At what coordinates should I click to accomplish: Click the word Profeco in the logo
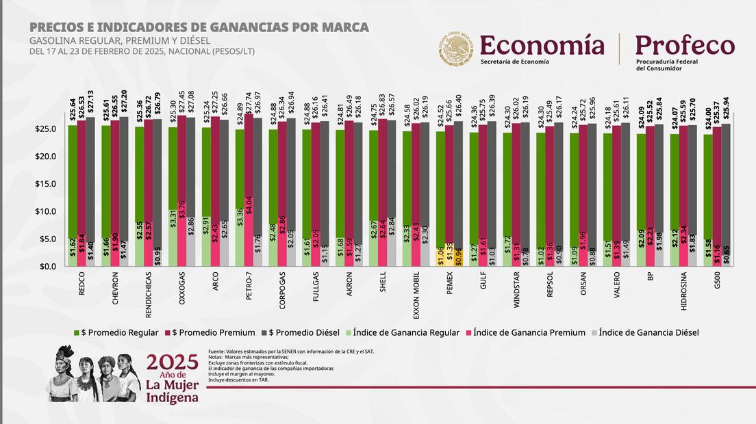pos(685,46)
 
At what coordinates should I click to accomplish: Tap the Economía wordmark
pos(542,45)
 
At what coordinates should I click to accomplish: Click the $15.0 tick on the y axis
pos(51,184)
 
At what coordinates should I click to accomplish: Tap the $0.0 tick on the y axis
pos(53,266)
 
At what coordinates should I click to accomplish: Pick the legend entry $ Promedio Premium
pos(213,332)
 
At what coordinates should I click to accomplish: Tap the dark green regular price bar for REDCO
pos(73,178)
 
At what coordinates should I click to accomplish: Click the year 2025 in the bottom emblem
pos(172,362)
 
